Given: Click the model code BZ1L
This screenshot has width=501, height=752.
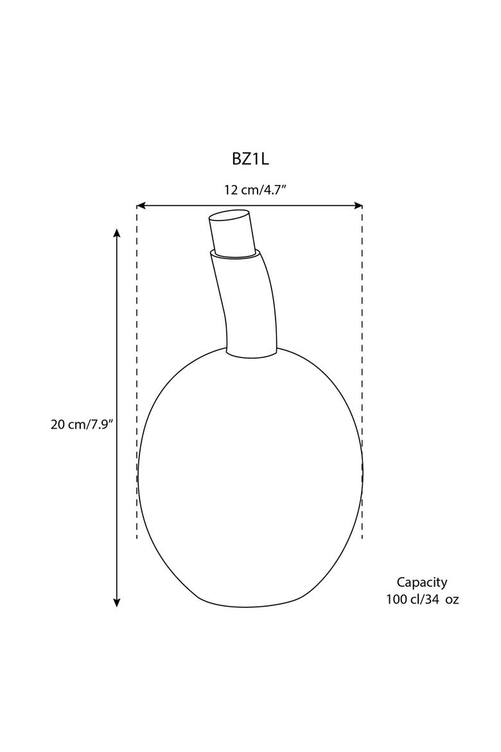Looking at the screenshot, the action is [x=251, y=159].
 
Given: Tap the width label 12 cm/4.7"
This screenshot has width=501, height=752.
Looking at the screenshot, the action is [x=255, y=190].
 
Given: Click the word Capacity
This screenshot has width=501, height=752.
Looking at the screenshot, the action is [x=422, y=582].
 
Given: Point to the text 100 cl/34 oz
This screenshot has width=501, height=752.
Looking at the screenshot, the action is [x=423, y=600].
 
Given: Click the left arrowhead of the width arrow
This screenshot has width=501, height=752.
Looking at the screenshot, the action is [x=141, y=206].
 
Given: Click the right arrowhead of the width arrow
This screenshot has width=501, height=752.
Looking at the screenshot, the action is [x=358, y=206].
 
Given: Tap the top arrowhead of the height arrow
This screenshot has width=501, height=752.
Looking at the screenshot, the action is [x=116, y=233].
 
